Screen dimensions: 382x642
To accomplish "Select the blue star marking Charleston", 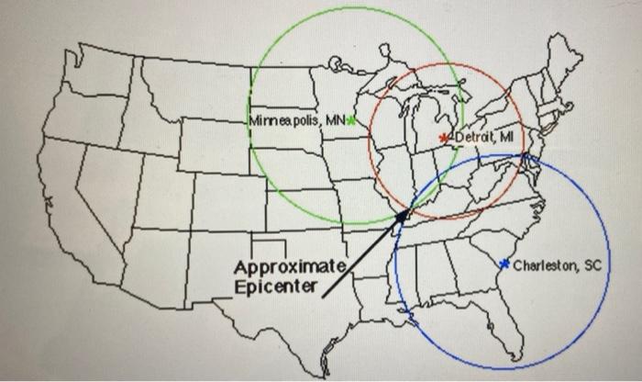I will [504, 264].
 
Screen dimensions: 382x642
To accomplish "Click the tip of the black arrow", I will [409, 211].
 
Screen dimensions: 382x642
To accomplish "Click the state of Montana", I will [193, 87].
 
